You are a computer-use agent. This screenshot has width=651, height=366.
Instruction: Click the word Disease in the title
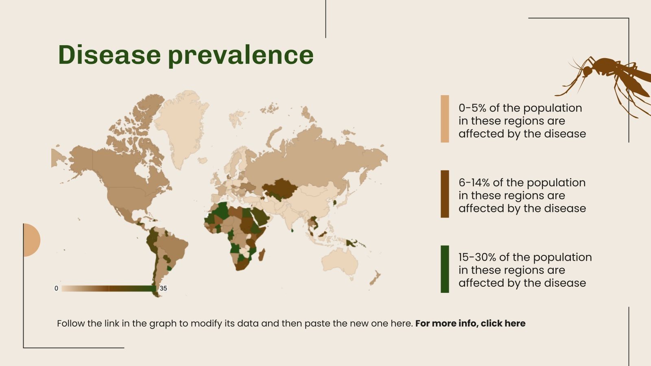[109, 54]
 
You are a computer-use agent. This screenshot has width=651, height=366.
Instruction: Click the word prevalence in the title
[240, 55]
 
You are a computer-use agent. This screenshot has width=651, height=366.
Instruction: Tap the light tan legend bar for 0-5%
[445, 119]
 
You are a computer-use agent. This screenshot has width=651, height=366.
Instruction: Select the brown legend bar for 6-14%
[445, 194]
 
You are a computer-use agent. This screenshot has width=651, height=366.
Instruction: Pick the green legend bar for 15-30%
[445, 269]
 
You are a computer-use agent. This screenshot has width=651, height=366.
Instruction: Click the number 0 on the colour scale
[56, 288]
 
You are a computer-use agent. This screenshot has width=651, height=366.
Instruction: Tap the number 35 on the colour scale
[163, 288]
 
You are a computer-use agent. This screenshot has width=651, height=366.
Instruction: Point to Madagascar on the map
[262, 255]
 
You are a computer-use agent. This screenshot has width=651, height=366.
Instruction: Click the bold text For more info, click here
[470, 324]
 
